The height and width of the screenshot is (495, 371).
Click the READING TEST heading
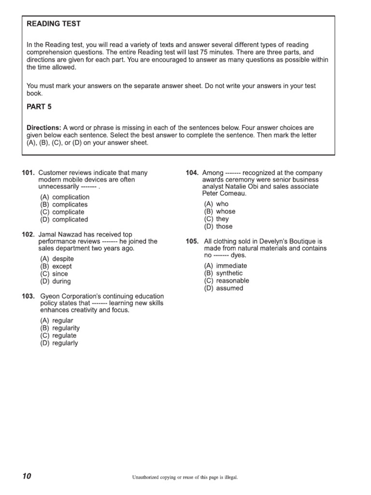(x=54, y=24)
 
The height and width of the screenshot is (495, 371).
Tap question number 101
(x=29, y=173)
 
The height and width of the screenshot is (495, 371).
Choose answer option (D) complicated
(x=64, y=219)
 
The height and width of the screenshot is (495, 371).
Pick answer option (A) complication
(x=65, y=197)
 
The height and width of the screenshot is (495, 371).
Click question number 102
(x=29, y=234)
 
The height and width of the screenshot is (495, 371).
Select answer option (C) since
(x=54, y=274)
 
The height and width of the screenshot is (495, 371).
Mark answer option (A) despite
(x=57, y=259)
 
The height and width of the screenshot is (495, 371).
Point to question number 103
(x=29, y=296)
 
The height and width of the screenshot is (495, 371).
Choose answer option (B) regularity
(x=60, y=328)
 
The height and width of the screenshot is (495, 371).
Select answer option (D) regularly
(x=59, y=343)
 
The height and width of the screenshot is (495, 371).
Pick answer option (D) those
(x=218, y=226)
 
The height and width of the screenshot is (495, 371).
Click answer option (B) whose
(x=220, y=211)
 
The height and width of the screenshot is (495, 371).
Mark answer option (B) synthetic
(x=223, y=273)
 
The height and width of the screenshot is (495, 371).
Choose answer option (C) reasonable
(x=227, y=280)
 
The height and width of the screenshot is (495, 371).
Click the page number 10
(x=26, y=477)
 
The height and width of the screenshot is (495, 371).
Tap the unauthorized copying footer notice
(x=185, y=477)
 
